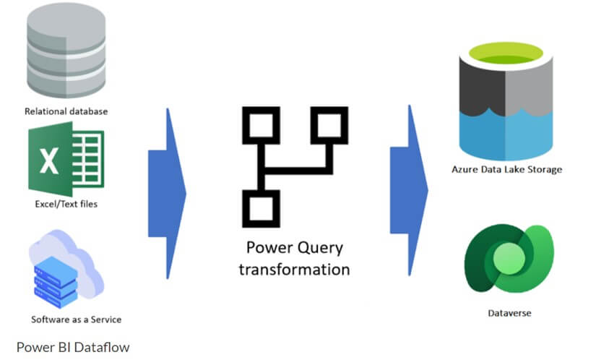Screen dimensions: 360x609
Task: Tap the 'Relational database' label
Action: point(66,111)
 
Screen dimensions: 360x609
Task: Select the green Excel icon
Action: point(66,159)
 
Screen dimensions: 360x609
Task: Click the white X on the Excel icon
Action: point(49,160)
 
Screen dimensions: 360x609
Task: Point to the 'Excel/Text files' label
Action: point(66,204)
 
